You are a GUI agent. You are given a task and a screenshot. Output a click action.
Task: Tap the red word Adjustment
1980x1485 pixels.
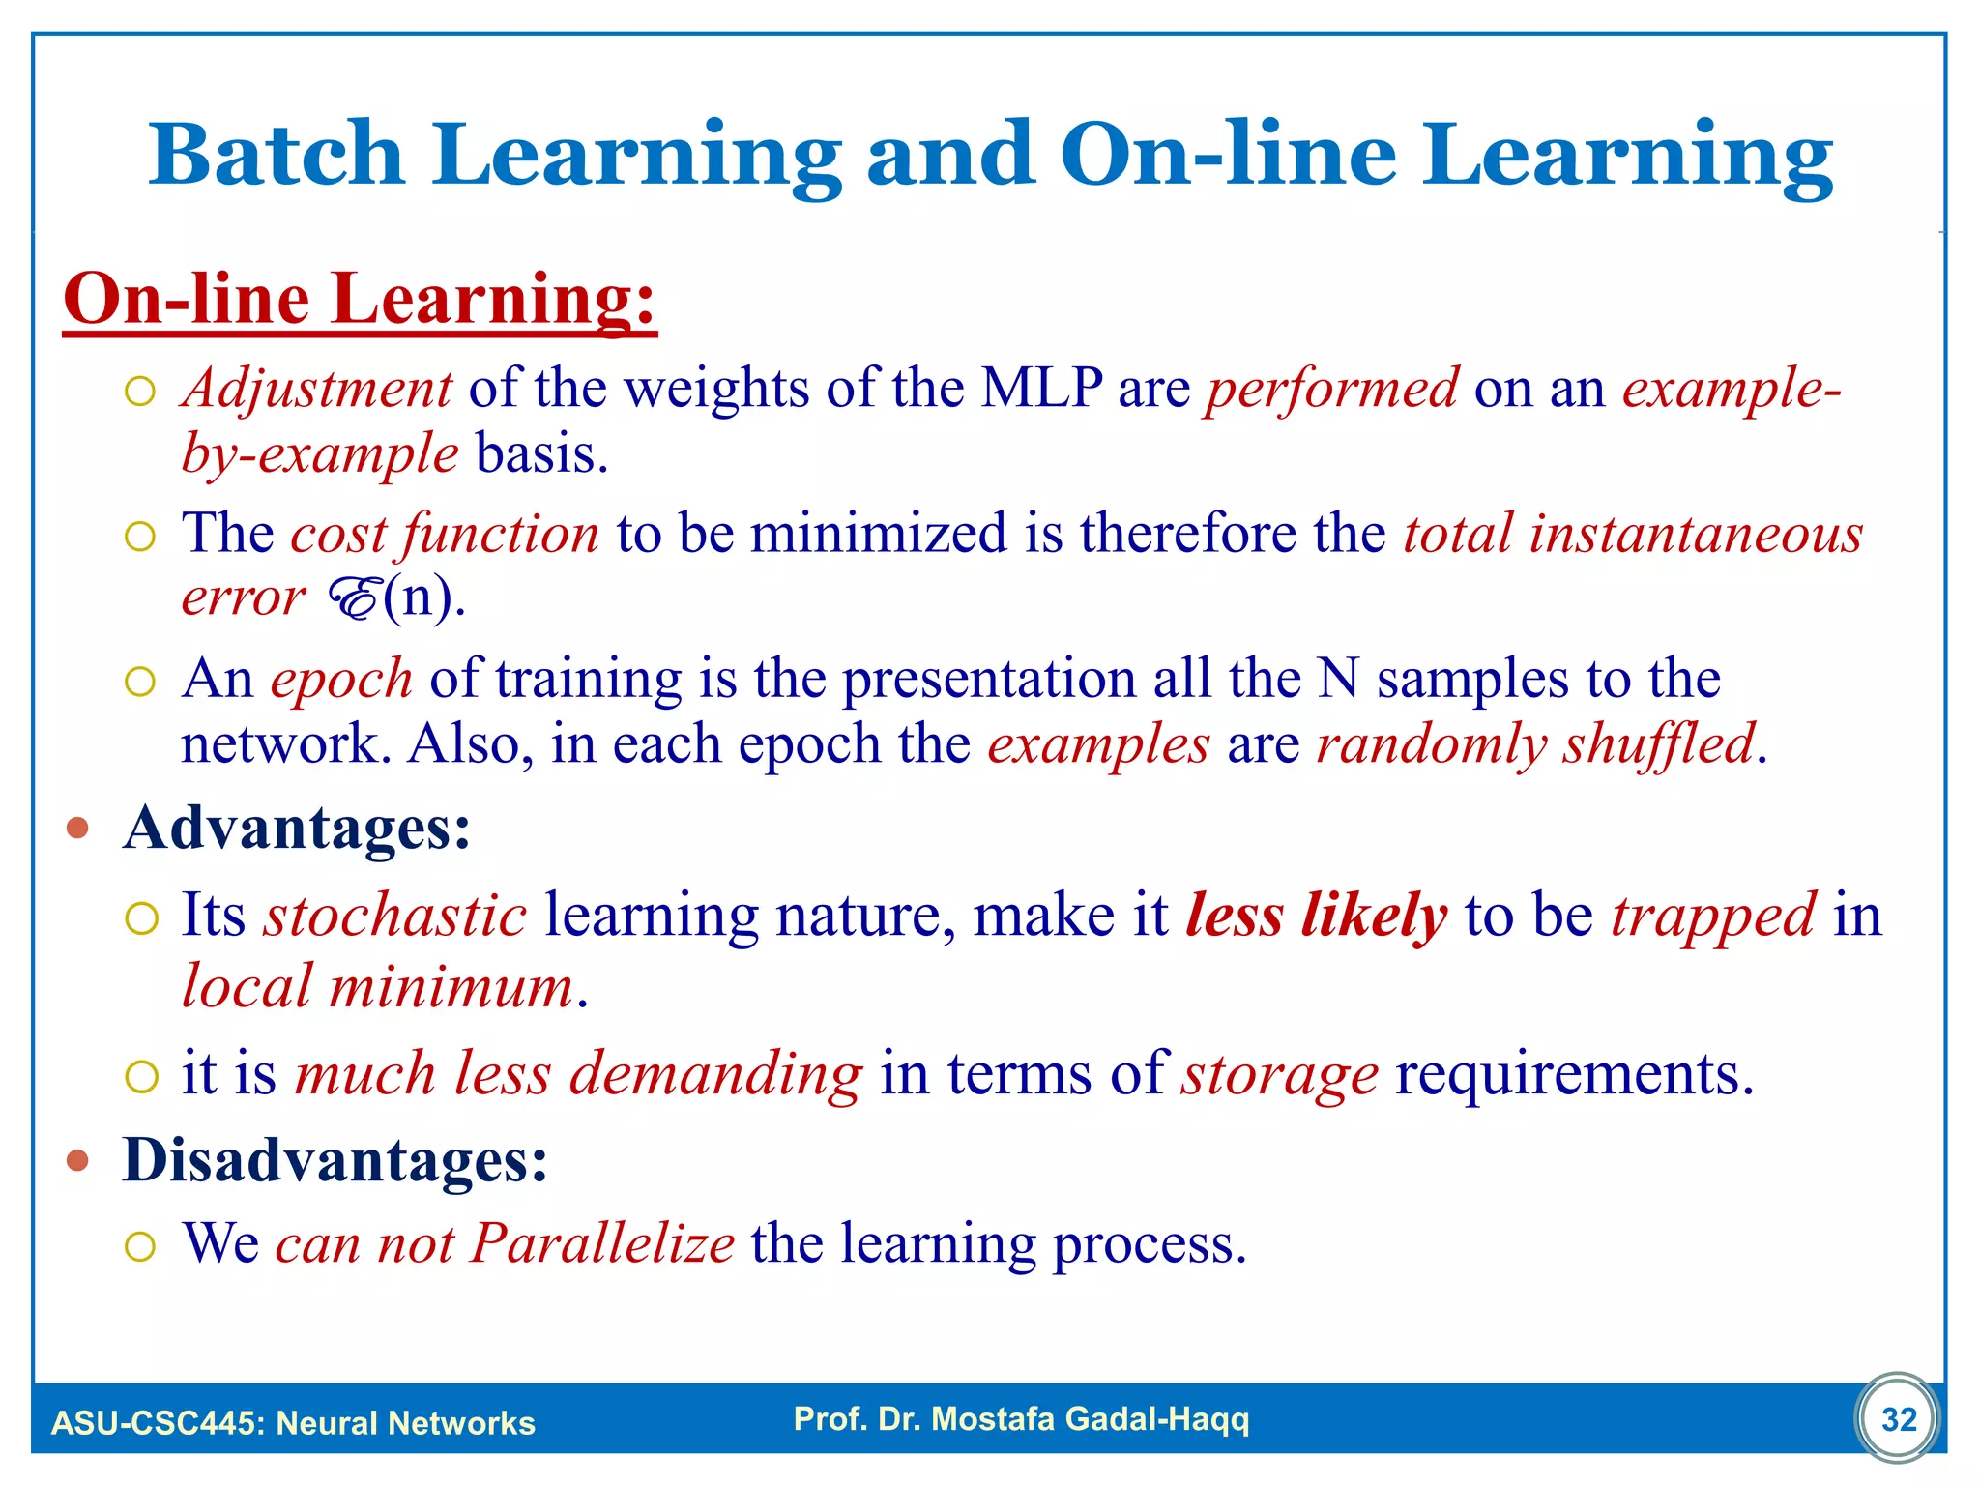[x=317, y=389]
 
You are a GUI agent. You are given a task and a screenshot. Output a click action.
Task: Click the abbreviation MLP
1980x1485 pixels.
[x=1041, y=389]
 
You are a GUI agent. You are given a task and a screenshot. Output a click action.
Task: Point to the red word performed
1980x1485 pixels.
[x=1332, y=389]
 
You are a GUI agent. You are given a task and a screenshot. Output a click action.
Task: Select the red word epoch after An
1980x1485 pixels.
[x=341, y=679]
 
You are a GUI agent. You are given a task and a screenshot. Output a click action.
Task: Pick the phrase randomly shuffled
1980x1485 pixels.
[x=1535, y=744]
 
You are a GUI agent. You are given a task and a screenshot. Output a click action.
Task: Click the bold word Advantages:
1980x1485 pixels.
[x=297, y=829]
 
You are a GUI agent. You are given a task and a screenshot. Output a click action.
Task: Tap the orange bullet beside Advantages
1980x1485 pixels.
[x=78, y=829]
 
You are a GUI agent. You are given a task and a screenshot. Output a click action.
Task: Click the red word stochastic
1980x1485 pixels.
[x=395, y=915]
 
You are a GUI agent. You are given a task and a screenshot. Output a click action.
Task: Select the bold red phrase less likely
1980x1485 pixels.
[x=1316, y=915]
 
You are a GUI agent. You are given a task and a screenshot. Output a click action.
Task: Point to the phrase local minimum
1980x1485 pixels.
[x=378, y=988]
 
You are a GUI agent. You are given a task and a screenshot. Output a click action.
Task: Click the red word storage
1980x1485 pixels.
[x=1281, y=1074]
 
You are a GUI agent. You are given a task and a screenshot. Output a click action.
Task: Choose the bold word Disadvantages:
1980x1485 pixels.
[x=335, y=1159]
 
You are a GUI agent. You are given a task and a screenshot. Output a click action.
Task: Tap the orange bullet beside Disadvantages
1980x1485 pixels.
[x=78, y=1160]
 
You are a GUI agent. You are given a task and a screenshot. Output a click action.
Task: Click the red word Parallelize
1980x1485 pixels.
[x=602, y=1243]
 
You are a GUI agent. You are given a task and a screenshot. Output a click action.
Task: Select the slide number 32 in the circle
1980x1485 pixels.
[x=1899, y=1419]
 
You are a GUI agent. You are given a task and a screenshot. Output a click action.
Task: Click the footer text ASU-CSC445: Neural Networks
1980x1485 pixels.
[x=293, y=1423]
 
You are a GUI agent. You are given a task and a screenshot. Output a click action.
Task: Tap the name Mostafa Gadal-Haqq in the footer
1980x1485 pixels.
[x=1090, y=1419]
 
